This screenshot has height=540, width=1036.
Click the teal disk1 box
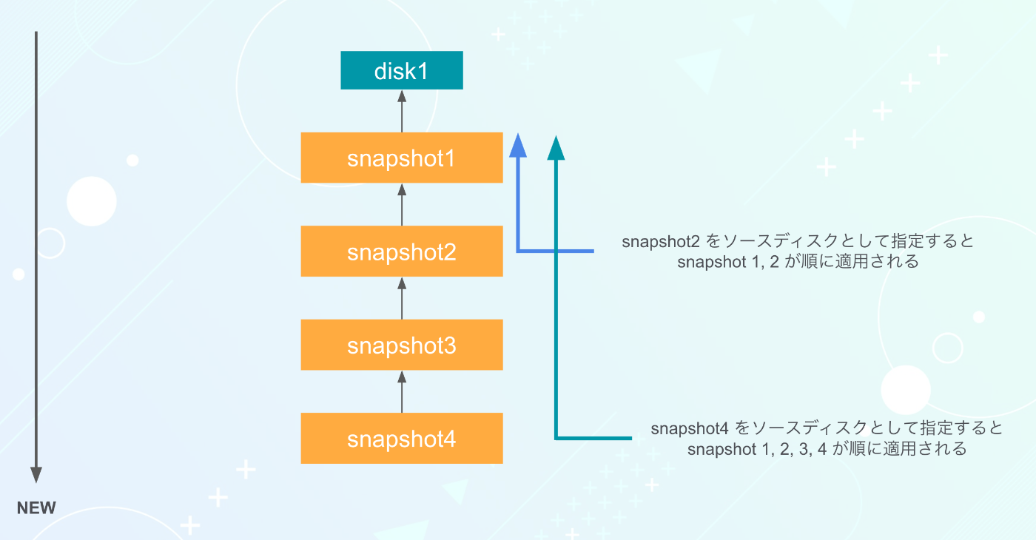(401, 70)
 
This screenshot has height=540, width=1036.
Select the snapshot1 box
(401, 158)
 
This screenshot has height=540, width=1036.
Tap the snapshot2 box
(401, 251)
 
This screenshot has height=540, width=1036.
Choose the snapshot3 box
(401, 345)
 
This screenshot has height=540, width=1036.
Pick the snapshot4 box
(401, 438)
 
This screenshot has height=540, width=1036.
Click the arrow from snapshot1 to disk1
(402, 111)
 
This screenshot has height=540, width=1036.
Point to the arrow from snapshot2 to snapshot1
(402, 204)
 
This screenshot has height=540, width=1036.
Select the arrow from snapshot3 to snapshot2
(402, 298)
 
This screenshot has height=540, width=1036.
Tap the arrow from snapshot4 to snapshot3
(402, 391)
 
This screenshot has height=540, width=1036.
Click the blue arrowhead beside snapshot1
(518, 146)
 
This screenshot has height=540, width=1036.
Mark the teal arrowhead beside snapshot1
(556, 148)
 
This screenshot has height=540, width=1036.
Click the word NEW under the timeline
(36, 507)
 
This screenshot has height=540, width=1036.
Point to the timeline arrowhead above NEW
(36, 475)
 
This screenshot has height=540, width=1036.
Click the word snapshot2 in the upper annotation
(660, 241)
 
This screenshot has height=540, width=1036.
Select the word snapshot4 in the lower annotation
(690, 428)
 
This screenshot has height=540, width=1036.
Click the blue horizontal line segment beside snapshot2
(555, 251)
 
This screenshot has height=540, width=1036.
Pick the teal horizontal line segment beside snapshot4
(593, 438)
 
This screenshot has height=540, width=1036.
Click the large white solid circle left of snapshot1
(92, 201)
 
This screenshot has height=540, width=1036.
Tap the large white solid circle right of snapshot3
(906, 390)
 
